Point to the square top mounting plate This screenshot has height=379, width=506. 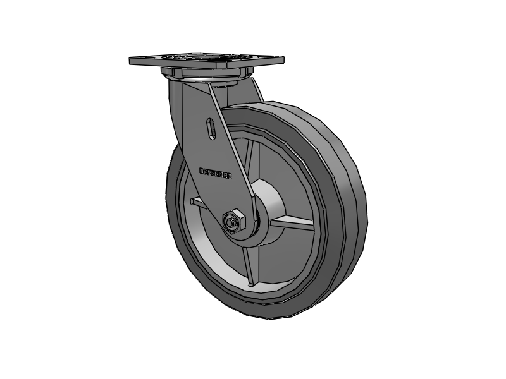tap(206, 62)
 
